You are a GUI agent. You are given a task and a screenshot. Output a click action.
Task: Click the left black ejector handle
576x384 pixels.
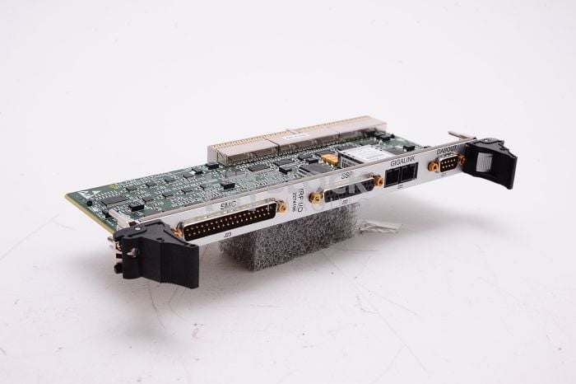(145, 246)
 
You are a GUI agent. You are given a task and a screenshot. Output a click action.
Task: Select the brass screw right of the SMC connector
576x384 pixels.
(283, 209)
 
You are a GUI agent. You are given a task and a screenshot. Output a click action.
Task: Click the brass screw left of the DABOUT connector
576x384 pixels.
(430, 166)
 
